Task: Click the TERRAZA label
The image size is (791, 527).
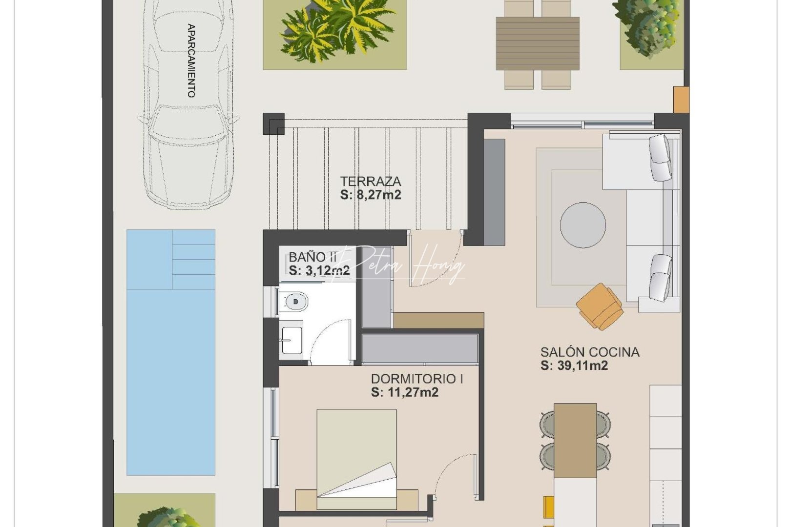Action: (371, 182)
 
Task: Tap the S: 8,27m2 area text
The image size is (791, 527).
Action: (371, 195)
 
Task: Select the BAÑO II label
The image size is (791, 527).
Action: (313, 257)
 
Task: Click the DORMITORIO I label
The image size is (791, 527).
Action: (417, 379)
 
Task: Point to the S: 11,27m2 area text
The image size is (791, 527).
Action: (404, 392)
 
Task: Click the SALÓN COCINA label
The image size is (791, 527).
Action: (589, 352)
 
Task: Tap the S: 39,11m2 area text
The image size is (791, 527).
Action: (574, 365)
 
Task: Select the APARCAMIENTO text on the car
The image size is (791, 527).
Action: (191, 61)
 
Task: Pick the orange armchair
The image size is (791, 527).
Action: (600, 306)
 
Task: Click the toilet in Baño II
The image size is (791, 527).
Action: (294, 302)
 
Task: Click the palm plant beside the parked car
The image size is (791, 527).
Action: (334, 30)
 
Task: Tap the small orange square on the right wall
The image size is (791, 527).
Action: (680, 100)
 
